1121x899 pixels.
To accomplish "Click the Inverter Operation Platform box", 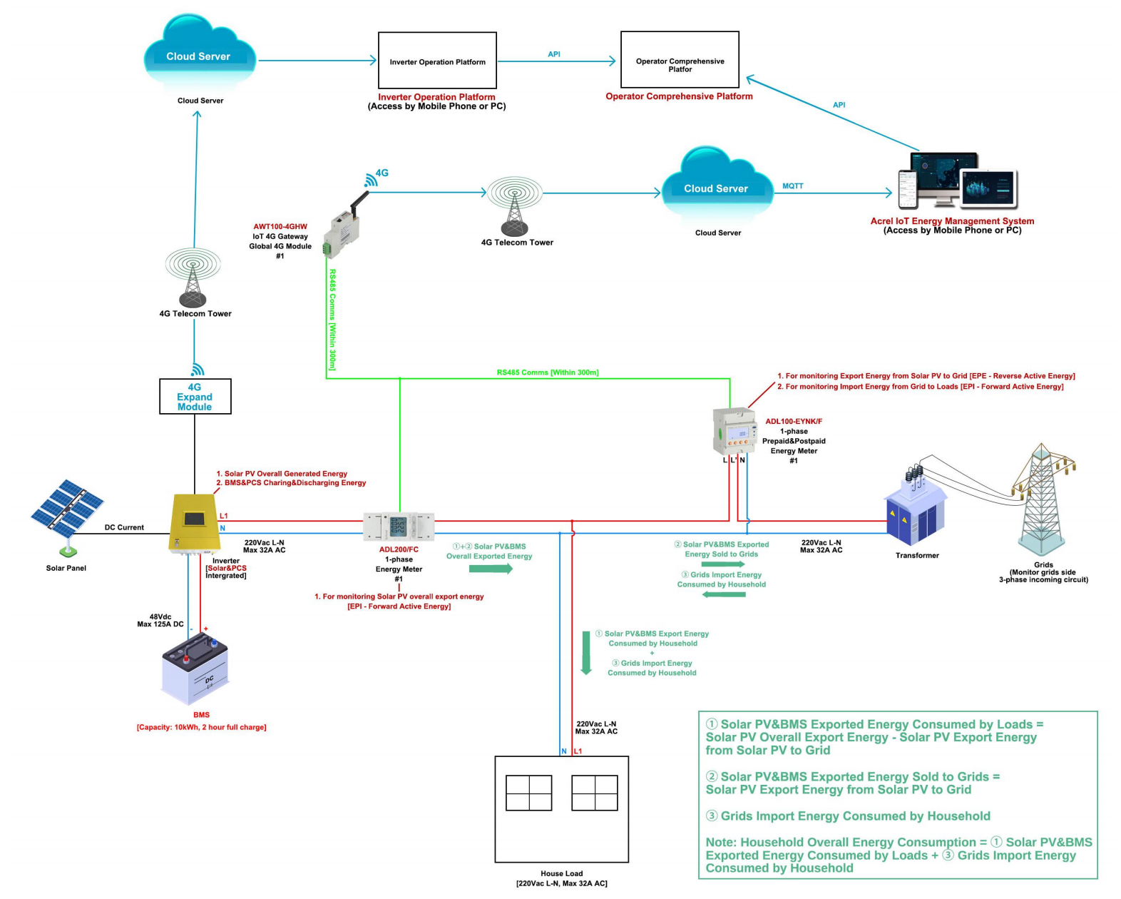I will click(437, 61).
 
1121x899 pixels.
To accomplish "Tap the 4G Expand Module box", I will click(195, 397).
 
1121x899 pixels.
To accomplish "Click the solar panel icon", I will click(66, 509).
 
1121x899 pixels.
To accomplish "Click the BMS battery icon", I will click(195, 669).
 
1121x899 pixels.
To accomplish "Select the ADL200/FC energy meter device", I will click(399, 527).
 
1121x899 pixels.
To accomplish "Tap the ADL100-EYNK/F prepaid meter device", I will click(734, 431).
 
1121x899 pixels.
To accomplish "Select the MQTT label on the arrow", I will click(792, 186).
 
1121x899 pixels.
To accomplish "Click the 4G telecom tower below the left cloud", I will click(193, 278).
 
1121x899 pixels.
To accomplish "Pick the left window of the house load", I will click(528, 793).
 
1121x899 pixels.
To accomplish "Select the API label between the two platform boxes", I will click(554, 54).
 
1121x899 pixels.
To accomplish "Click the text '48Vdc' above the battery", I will click(160, 616).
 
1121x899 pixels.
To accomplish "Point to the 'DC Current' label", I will click(124, 528).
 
